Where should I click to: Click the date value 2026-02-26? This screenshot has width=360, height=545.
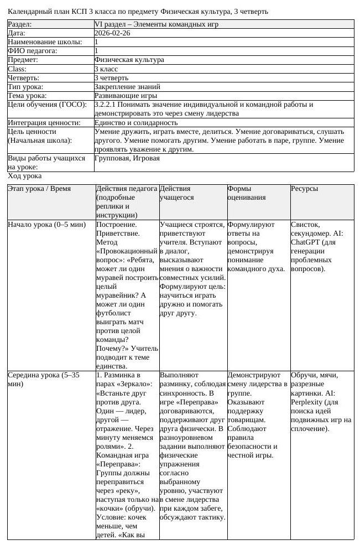pyautogui.click(x=113, y=33)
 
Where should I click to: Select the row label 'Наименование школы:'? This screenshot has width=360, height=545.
pyautogui.click(x=45, y=42)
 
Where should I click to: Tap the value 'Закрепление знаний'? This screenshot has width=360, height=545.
pyautogui.click(x=127, y=86)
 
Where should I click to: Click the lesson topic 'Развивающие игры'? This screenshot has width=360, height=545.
pyautogui.click(x=122, y=95)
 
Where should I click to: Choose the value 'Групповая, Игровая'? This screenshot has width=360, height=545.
pyautogui.click(x=127, y=158)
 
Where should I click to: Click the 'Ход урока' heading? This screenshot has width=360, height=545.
pyautogui.click(x=24, y=176)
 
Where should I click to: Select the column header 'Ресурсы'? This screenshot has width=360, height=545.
pyautogui.click(x=304, y=189)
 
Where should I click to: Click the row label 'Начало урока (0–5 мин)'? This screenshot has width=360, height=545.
pyautogui.click(x=46, y=225)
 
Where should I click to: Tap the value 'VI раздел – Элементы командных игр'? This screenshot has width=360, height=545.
pyautogui.click(x=156, y=24)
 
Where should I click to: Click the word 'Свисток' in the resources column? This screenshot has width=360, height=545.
pyautogui.click(x=305, y=225)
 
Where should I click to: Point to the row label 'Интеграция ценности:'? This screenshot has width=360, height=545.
pyautogui.click(x=44, y=122)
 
